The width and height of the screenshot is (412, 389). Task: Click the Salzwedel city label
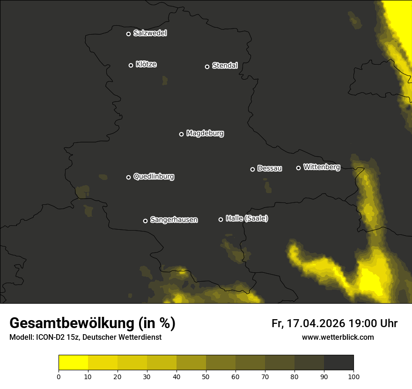pyautogui.click(x=150, y=33)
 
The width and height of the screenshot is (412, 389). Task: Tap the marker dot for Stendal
pyautogui.click(x=207, y=67)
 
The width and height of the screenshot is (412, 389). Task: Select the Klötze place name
pyautogui.click(x=146, y=65)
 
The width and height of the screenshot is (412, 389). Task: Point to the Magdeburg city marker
pyautogui.click(x=181, y=134)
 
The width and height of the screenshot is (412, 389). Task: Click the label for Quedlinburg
pyautogui.click(x=154, y=177)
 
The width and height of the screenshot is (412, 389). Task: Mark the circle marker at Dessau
pyautogui.click(x=252, y=169)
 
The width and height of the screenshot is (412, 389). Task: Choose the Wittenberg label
pyautogui.click(x=322, y=167)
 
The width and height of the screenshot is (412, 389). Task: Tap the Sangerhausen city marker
pyautogui.click(x=145, y=221)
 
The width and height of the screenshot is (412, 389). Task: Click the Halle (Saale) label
pyautogui.click(x=247, y=219)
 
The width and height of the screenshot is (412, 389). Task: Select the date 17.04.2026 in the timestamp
pyautogui.click(x=315, y=323)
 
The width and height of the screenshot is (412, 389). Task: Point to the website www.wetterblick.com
pyautogui.click(x=338, y=337)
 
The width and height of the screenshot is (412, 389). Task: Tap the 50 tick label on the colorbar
pyautogui.click(x=206, y=376)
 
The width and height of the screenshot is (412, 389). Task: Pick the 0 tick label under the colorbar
pyautogui.click(x=59, y=376)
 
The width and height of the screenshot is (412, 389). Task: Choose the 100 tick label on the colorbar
pyautogui.click(x=353, y=376)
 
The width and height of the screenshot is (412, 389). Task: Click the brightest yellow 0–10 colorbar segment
pyautogui.click(x=74, y=363)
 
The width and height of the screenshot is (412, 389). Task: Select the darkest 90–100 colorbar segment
pyautogui.click(x=338, y=363)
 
